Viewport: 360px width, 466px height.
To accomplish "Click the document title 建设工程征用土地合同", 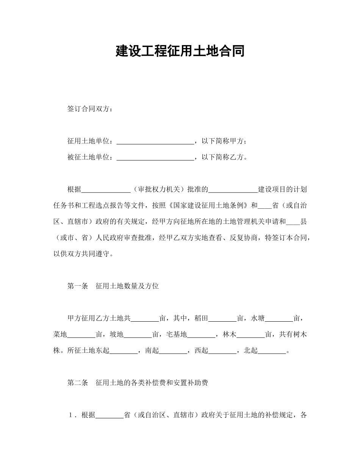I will coord(180,51).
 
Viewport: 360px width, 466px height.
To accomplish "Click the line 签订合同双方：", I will coord(90,109).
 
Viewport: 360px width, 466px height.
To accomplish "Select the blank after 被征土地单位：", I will coord(155,157).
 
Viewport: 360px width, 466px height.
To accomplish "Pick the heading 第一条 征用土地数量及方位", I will coord(113,286).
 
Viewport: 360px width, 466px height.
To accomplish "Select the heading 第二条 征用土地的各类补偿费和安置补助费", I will coord(138,383).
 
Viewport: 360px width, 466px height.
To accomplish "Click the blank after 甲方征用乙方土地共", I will coord(145,318).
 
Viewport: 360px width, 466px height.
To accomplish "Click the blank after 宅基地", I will coord(201,334).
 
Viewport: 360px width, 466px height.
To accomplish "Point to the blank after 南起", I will coord(173,350).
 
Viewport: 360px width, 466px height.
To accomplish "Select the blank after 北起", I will coord(272,350).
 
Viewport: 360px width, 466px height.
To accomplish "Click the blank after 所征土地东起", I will coord(124,350).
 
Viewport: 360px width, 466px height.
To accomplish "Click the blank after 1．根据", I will coord(110,415).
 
